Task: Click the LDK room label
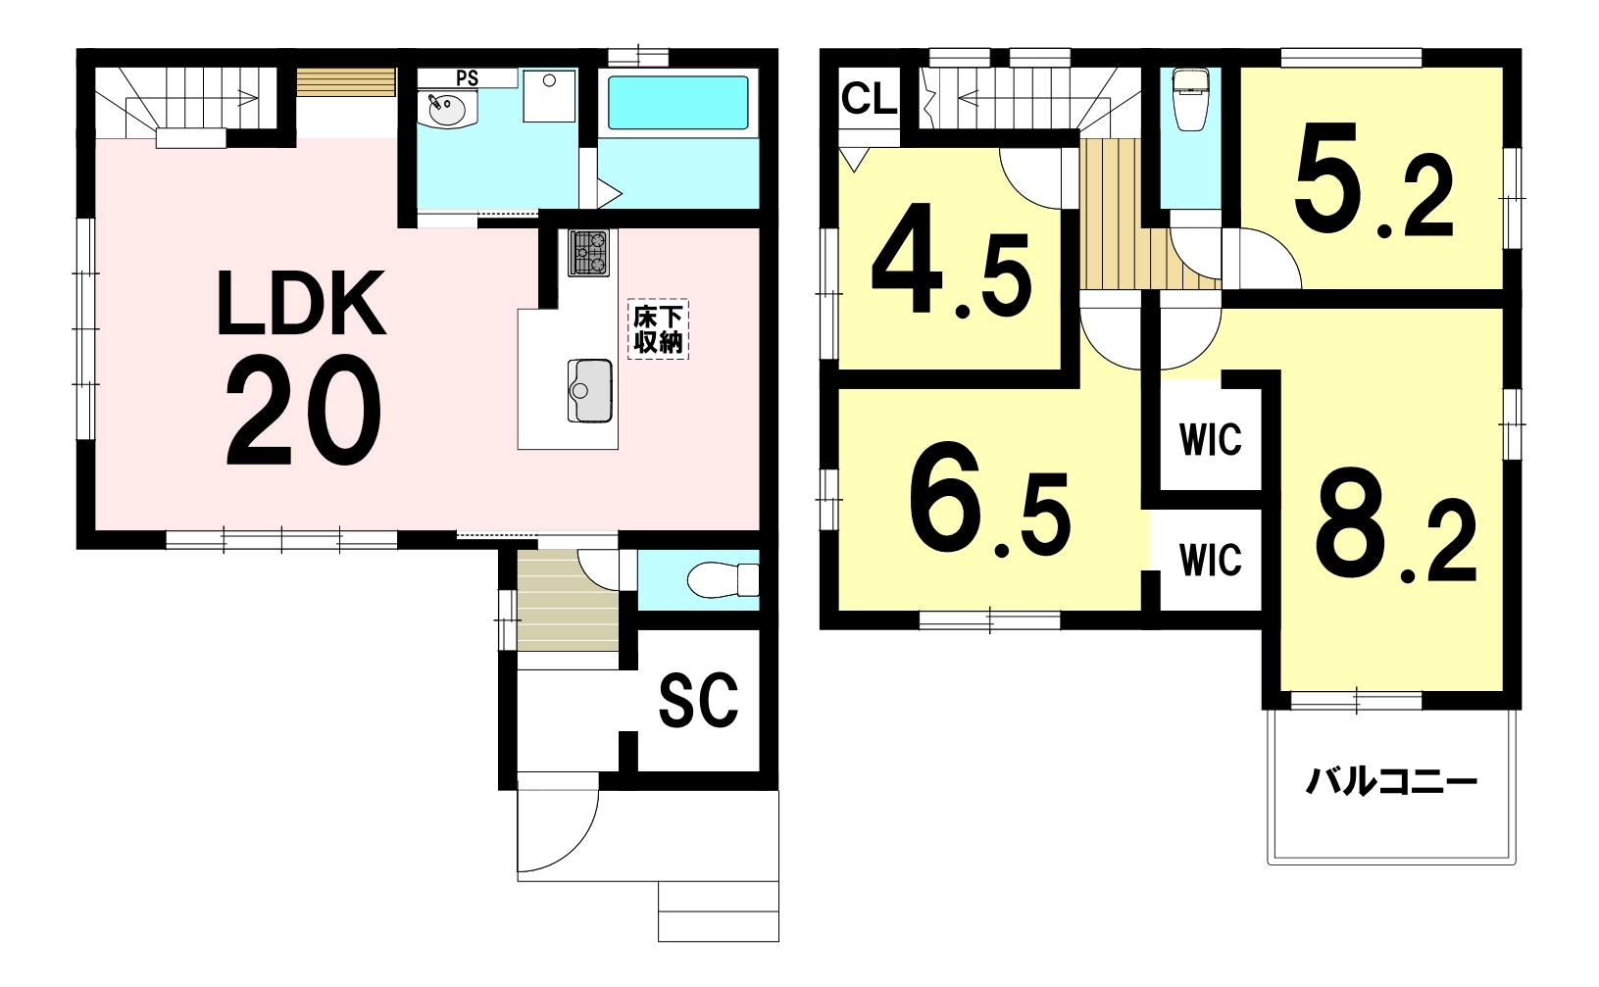coord(301,303)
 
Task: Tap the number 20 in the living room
coord(303,411)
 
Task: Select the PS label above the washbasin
coord(467,77)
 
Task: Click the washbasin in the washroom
coord(447,112)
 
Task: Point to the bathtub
coord(677,103)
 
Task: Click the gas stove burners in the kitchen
coord(589,253)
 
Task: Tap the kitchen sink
coord(589,391)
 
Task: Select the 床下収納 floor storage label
coord(658,328)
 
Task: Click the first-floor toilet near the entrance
coord(723,579)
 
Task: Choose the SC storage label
coord(698,700)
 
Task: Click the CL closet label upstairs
coord(869,98)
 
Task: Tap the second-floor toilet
coord(1191,99)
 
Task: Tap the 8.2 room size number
coord(1395,527)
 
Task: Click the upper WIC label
coord(1211,439)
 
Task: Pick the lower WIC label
coord(1211,560)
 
